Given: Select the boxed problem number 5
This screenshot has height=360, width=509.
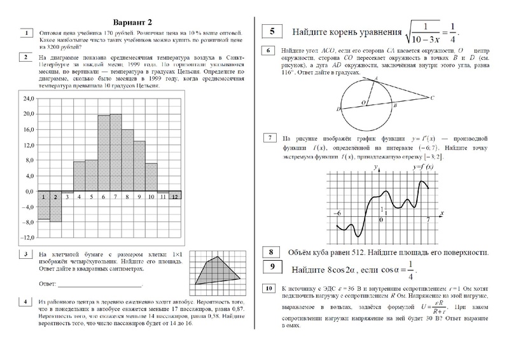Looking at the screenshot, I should tap(272, 31).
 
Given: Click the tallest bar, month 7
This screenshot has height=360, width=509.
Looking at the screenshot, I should tap(116, 153).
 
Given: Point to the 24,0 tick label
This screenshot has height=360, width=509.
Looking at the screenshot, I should tap(27, 99).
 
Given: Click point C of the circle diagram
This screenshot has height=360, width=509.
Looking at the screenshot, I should tap(432, 97).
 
